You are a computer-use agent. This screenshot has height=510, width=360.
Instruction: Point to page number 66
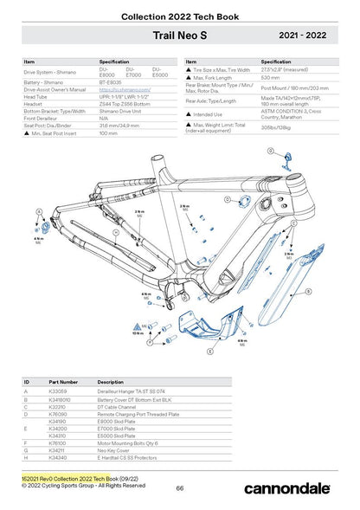click(x=180, y=488)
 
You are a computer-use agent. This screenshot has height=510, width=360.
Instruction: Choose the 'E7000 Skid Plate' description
click(x=117, y=428)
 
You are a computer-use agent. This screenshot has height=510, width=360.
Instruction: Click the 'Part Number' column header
click(x=64, y=381)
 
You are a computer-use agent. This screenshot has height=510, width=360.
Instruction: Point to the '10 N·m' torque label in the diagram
click(x=139, y=332)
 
